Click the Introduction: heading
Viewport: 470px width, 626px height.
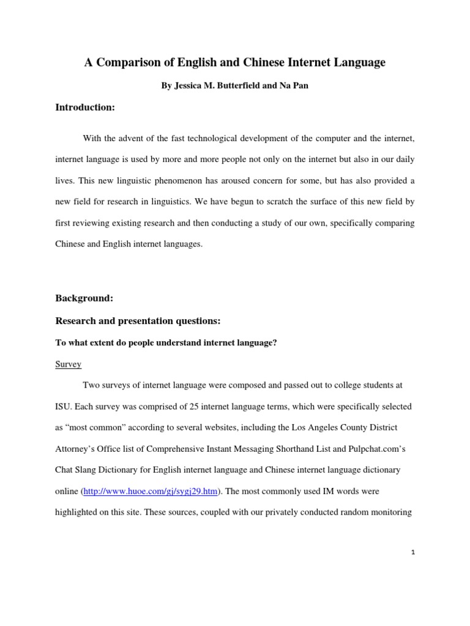tap(85, 108)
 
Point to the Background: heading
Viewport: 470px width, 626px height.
tap(84, 298)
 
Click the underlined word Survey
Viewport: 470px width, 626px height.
tap(68, 364)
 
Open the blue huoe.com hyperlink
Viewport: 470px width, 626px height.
tap(150, 491)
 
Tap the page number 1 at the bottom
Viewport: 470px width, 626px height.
tap(413, 552)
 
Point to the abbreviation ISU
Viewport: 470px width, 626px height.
tap(64, 407)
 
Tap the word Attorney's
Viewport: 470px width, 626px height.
tap(76, 449)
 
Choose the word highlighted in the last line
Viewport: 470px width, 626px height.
tap(77, 512)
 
